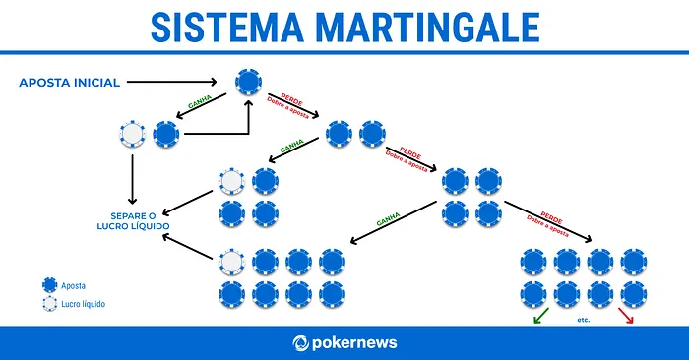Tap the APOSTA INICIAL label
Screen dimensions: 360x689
click(69, 83)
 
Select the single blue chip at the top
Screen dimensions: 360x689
click(248, 82)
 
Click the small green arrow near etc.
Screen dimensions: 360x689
click(537, 316)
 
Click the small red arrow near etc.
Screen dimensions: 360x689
click(626, 316)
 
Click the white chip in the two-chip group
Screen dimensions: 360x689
click(132, 134)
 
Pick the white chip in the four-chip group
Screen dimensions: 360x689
click(232, 182)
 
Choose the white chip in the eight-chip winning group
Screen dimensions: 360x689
click(232, 262)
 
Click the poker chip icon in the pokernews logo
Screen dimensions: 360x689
click(301, 343)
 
